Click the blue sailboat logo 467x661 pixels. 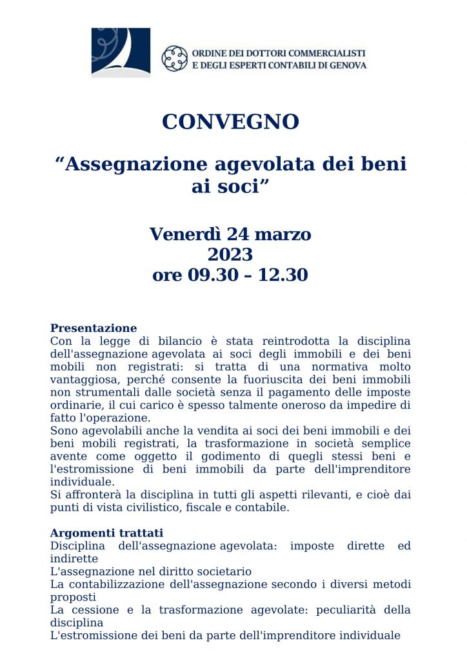(121, 52)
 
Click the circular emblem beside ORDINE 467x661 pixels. (174, 58)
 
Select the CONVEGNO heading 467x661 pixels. (230, 121)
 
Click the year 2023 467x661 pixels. (230, 254)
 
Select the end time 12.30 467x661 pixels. (283, 275)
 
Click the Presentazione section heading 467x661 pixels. (94, 328)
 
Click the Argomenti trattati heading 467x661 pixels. (106, 533)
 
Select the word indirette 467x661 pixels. (74, 558)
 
